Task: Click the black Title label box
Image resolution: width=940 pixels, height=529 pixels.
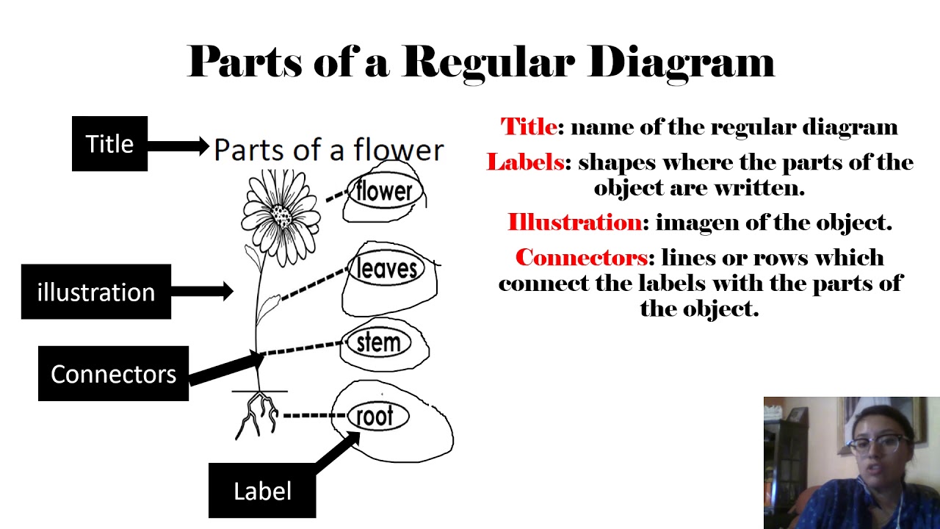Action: pyautogui.click(x=109, y=144)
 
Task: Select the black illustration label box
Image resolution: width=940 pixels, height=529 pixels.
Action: pyautogui.click(x=95, y=292)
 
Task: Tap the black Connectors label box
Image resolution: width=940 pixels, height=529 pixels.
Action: pyautogui.click(x=113, y=374)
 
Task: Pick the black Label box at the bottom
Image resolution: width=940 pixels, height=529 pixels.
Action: pyautogui.click(x=262, y=490)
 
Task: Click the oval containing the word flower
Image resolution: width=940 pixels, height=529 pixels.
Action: pyautogui.click(x=383, y=192)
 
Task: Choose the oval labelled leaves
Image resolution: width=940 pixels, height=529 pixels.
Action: pyautogui.click(x=386, y=268)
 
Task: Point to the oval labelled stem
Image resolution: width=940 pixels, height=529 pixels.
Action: pyautogui.click(x=378, y=343)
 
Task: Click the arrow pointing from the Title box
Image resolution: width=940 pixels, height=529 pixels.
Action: pyautogui.click(x=178, y=145)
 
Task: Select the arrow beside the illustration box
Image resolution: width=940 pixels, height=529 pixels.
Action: pyautogui.click(x=203, y=292)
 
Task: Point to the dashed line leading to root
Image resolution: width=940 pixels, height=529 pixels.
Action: pyautogui.click(x=314, y=416)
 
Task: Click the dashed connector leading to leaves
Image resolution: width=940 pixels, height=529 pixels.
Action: pyautogui.click(x=314, y=286)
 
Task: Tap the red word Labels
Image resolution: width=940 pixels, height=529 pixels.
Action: pyautogui.click(x=524, y=162)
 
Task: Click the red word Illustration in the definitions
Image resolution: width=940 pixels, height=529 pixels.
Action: pyautogui.click(x=574, y=222)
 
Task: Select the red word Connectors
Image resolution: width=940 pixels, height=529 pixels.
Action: pyautogui.click(x=582, y=257)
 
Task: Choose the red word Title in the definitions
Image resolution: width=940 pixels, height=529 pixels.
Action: pyautogui.click(x=529, y=127)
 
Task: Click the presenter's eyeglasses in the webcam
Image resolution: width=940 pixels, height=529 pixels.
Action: pyautogui.click(x=880, y=442)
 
